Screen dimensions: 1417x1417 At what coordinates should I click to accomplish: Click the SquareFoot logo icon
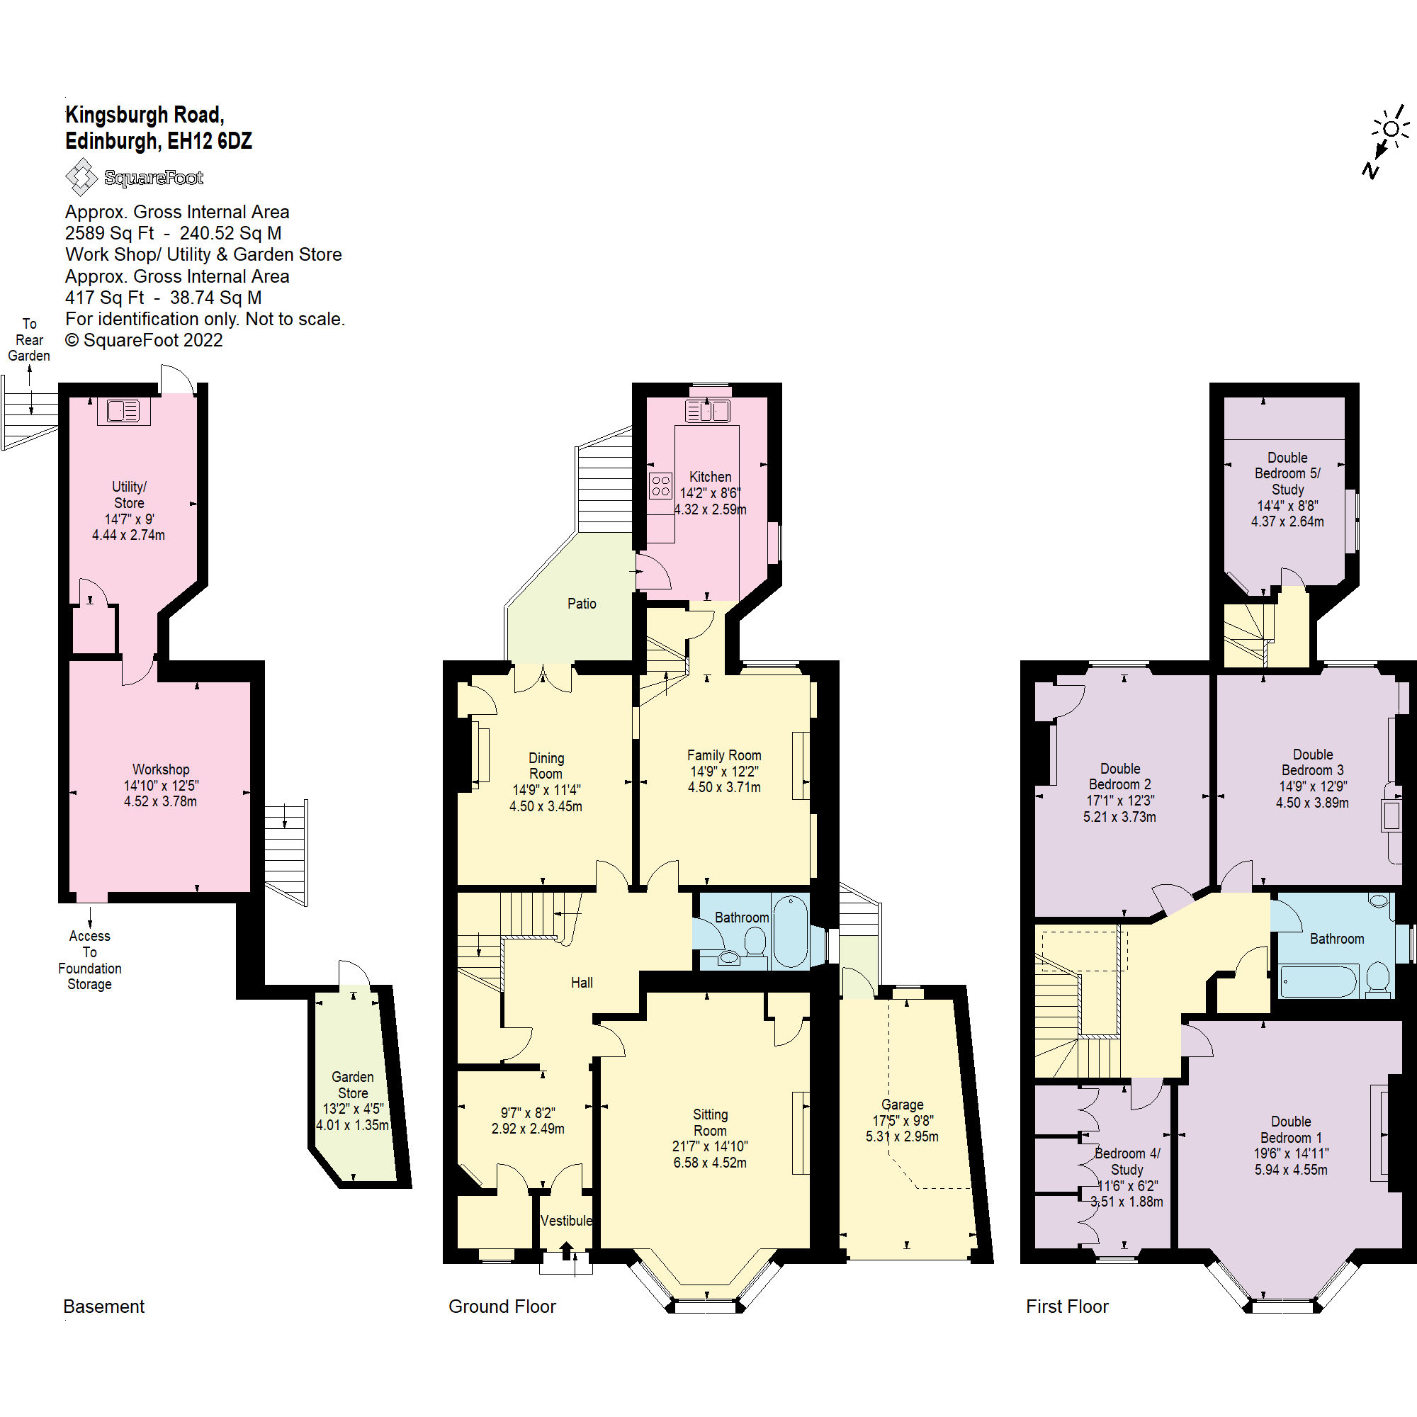pos(81,176)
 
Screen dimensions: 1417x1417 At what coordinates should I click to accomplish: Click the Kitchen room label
pos(709,477)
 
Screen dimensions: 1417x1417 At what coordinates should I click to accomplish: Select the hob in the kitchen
pos(660,485)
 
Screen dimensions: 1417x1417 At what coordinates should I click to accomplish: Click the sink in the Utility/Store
pos(123,411)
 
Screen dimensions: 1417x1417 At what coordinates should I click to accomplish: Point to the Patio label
pos(581,604)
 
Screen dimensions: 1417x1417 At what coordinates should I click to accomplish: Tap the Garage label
pos(901,1105)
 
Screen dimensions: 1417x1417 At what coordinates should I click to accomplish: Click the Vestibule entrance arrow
pos(566,1251)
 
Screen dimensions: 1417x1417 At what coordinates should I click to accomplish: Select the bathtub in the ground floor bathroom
pos(790,931)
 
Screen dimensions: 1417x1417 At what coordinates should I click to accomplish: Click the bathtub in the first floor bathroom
pos(1317,981)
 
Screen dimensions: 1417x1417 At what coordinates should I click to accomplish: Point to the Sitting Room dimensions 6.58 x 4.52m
pos(709,1163)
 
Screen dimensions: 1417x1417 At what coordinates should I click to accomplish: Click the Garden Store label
pos(352,1085)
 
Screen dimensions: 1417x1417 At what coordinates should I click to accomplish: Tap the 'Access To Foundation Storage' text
pos(89,960)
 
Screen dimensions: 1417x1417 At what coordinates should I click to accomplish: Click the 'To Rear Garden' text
pos(29,339)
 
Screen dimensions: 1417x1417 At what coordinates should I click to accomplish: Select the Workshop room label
pos(161,769)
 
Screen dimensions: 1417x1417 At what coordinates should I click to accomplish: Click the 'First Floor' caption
pos(1066,1306)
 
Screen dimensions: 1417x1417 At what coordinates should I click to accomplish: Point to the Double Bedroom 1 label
pos(1290,1129)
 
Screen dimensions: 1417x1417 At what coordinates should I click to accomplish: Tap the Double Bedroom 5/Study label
pos(1287,473)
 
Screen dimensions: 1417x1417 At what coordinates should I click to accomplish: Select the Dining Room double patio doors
pos(543,678)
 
